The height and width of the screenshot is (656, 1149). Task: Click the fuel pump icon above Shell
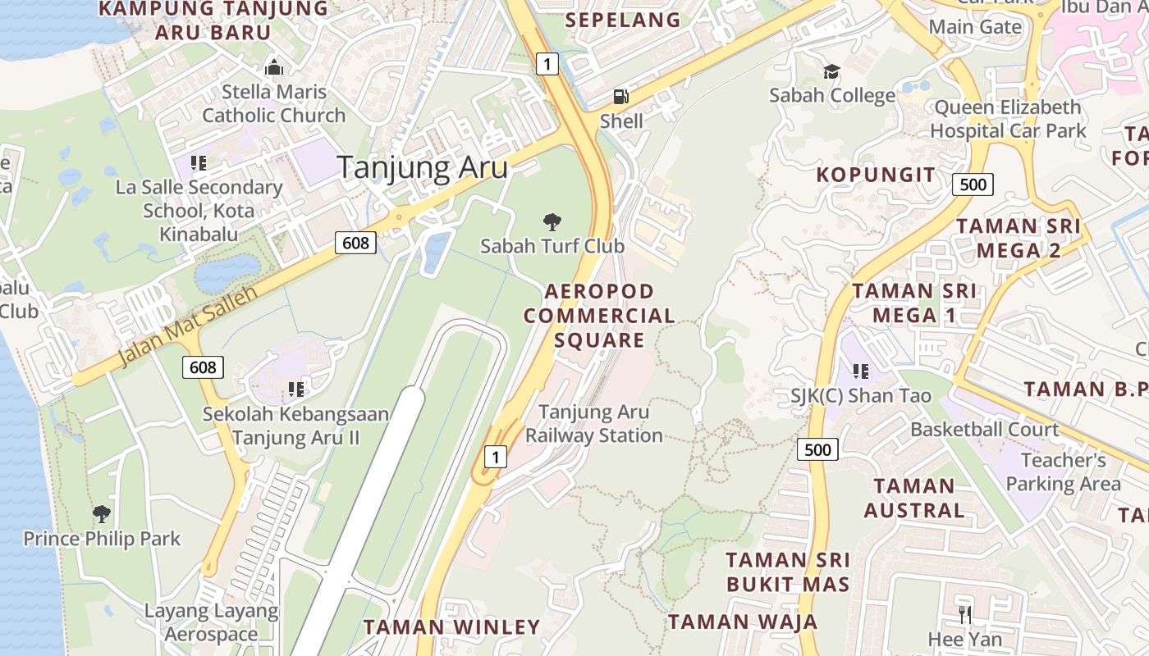point(620,97)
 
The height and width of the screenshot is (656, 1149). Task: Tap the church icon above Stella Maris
point(274,67)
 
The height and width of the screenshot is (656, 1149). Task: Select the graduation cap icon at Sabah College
point(832,72)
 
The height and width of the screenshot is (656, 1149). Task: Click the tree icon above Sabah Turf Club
point(552,221)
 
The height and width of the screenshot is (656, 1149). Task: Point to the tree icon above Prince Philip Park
point(102,514)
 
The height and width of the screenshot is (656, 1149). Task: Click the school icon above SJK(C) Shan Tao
point(861,371)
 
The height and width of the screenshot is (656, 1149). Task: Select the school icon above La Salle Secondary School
point(198,163)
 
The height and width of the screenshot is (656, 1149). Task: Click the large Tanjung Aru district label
point(423,167)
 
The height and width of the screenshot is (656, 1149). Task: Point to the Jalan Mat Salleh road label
point(188,326)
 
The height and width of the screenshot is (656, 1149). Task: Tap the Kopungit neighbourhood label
point(876,175)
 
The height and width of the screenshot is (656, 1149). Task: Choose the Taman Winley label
point(452,627)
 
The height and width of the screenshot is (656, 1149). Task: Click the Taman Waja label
point(743,622)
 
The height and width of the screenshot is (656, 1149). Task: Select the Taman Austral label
point(914,498)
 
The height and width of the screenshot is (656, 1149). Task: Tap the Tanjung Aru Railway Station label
point(594,423)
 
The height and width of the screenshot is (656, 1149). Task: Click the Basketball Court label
point(985,429)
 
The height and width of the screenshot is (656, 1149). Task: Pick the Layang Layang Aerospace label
point(212,622)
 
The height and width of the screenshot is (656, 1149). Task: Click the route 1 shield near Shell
point(547,63)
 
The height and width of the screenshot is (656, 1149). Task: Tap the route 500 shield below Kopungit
point(973,184)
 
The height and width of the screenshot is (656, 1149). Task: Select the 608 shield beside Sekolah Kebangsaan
point(203,367)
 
